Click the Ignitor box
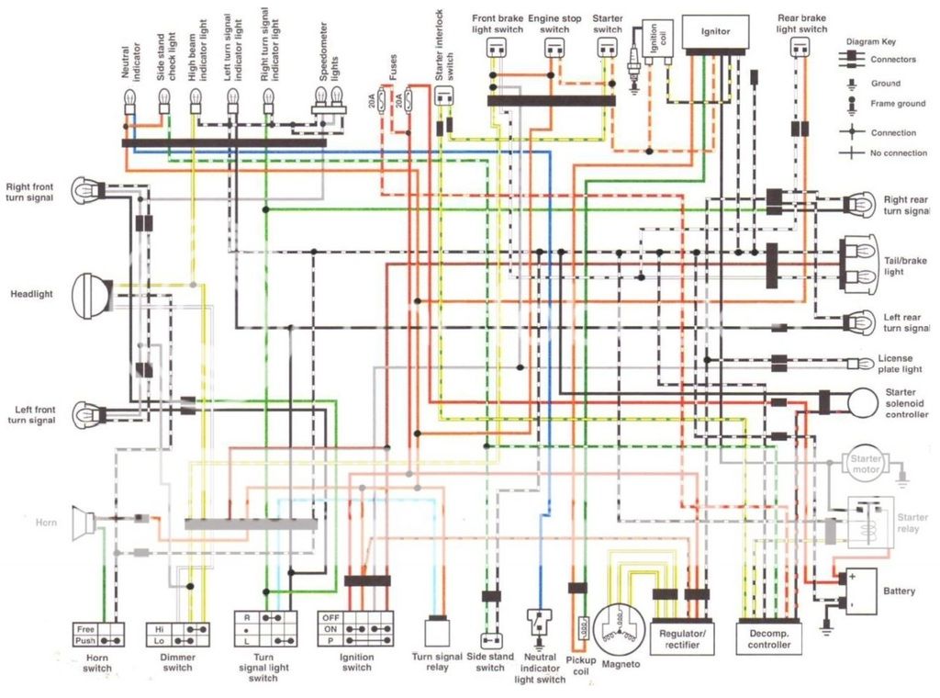click(715, 31)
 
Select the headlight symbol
click(92, 296)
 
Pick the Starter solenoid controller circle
click(863, 401)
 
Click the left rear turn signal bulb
click(861, 321)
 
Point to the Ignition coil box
click(655, 41)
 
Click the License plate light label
click(900, 364)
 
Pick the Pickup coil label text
click(580, 666)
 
